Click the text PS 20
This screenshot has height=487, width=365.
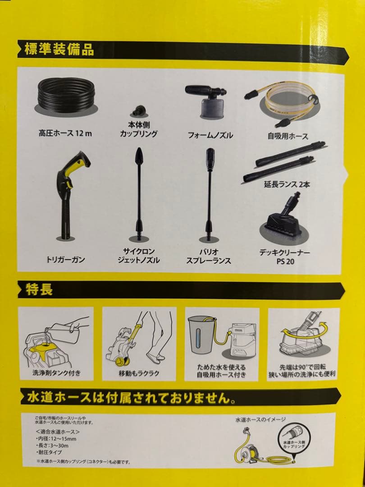[x=286, y=261]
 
